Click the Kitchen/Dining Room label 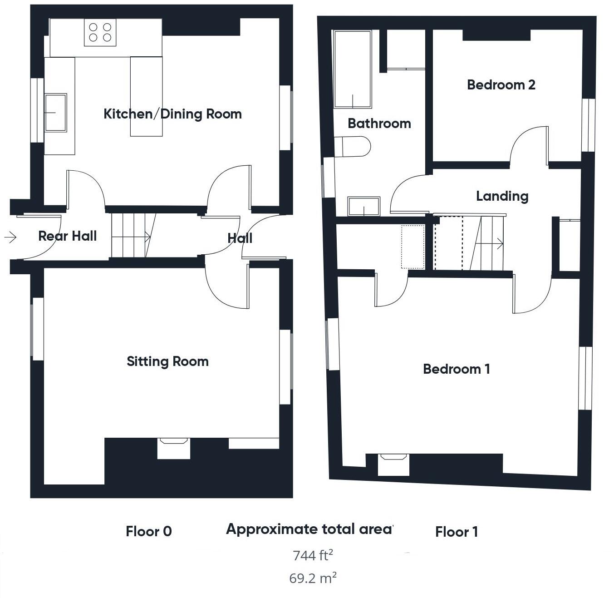pyautogui.click(x=172, y=114)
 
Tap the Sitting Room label pyautogui.click(x=167, y=361)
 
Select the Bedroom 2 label pyautogui.click(x=501, y=85)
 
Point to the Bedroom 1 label pyautogui.click(x=456, y=369)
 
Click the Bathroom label pyautogui.click(x=379, y=124)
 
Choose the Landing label pyautogui.click(x=502, y=196)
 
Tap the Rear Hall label pyautogui.click(x=67, y=236)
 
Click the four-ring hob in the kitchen pyautogui.click(x=100, y=32)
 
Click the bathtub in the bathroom pyautogui.click(x=353, y=69)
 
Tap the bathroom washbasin pyautogui.click(x=363, y=206)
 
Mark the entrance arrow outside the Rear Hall pyautogui.click(x=10, y=237)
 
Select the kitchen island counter pyautogui.click(x=146, y=96)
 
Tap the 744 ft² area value pyautogui.click(x=313, y=555)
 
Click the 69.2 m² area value pyautogui.click(x=313, y=578)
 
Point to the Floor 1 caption pyautogui.click(x=456, y=532)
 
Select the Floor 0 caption pyautogui.click(x=149, y=531)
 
